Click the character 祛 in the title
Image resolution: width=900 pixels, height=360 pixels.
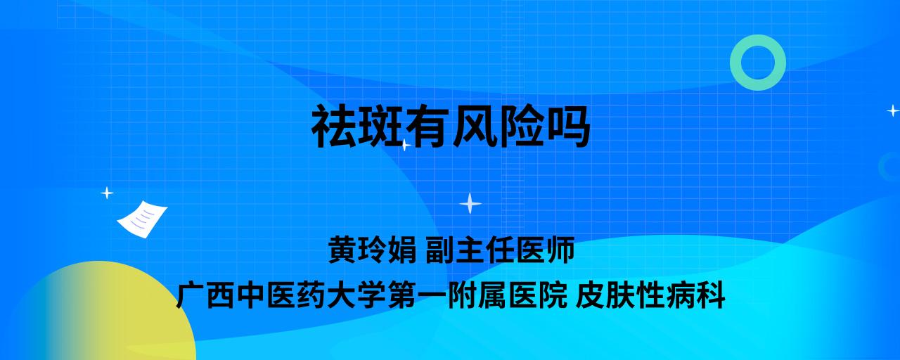coord(334,127)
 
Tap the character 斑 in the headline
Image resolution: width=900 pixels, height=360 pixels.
coord(381,127)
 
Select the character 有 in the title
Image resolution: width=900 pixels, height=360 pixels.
coord(427,127)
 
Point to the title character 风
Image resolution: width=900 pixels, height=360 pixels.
coord(474,127)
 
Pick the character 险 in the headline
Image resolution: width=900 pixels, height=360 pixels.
coord(521,127)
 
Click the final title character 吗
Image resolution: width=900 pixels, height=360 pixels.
coord(567,127)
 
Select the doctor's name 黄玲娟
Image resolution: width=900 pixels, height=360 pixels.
coord(372,250)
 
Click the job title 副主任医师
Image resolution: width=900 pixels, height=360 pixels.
coord(500,250)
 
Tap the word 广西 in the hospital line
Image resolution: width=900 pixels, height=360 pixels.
coord(205,295)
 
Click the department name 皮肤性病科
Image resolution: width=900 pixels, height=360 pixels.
coord(650,295)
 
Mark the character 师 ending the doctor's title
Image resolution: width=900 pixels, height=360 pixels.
coord(560,250)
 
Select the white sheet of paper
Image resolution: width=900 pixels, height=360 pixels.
coord(142,219)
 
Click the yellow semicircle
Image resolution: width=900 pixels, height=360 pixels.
coord(105,314)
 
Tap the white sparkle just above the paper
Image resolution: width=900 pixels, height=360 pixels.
coord(107,193)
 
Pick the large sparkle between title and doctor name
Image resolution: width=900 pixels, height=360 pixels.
coord(470,203)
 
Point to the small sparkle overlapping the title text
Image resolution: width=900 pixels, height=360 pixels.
coord(405,145)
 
